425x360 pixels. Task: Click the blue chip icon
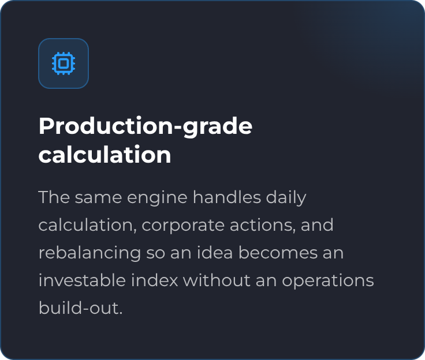point(64,63)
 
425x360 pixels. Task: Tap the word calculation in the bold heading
point(105,155)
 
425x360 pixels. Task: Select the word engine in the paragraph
point(157,198)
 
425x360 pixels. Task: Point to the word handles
point(227,197)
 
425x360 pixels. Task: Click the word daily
point(286,198)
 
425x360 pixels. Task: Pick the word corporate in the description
point(183,226)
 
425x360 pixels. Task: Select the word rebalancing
point(90,253)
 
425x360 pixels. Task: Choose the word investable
point(82,280)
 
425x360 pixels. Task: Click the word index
point(155,280)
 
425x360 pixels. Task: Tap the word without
point(217,280)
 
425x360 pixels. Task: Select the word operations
point(328,281)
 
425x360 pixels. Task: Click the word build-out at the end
point(81,307)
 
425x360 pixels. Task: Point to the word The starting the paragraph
point(54,197)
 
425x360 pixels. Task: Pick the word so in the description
point(155,254)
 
